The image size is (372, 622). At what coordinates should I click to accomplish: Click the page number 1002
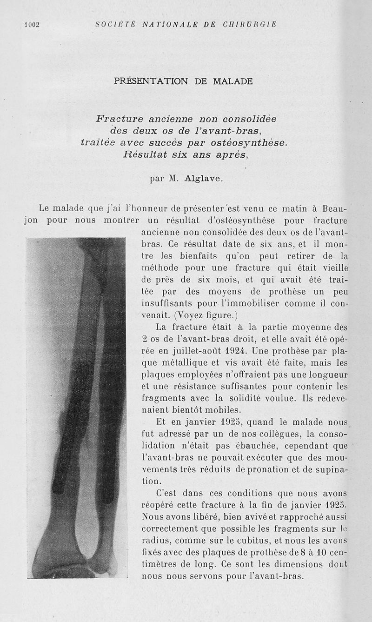(32, 25)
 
